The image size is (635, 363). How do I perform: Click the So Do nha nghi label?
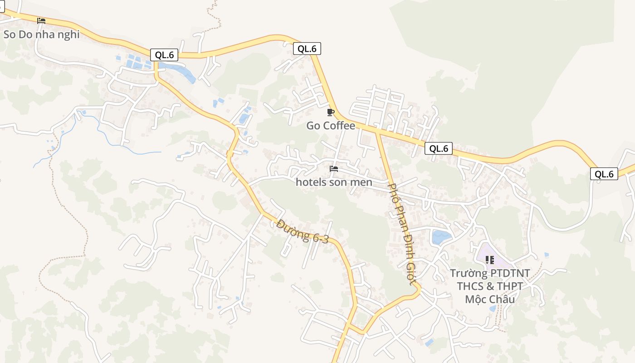point(42,34)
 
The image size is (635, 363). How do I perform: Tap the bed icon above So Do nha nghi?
point(41,20)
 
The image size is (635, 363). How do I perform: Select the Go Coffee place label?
point(331,126)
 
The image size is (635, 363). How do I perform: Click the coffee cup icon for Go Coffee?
point(331,112)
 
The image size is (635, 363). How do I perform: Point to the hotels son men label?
point(334,182)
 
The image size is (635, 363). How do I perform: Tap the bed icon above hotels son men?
point(334,169)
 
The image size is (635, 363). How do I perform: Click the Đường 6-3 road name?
point(303,231)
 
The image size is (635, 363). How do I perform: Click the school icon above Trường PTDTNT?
point(489,260)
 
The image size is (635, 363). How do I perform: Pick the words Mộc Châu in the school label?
point(490,299)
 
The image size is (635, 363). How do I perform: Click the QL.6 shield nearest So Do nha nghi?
point(164,55)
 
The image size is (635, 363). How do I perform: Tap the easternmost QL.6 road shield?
point(604,174)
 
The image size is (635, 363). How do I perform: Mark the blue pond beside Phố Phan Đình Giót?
point(441,237)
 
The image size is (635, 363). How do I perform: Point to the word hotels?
point(311,182)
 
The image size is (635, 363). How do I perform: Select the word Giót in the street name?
point(411,273)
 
